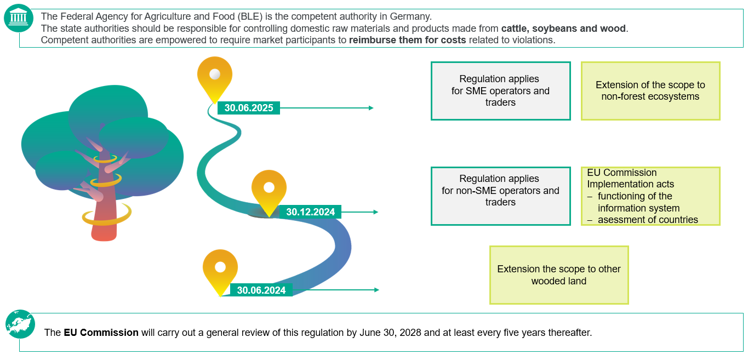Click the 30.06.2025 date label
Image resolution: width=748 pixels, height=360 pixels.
[249, 108]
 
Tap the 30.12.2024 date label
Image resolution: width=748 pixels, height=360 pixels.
[311, 212]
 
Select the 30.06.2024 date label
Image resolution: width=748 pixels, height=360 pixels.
[261, 290]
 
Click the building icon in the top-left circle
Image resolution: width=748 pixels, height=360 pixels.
[19, 18]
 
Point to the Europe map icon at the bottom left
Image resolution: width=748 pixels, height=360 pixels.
[20, 324]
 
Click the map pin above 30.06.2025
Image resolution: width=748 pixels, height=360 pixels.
[215, 77]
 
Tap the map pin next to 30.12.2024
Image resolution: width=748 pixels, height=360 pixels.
[269, 191]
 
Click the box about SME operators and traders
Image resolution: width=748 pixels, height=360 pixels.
[500, 91]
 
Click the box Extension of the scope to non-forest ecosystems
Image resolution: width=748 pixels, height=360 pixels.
[650, 91]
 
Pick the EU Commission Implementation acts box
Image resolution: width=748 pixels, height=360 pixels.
[650, 196]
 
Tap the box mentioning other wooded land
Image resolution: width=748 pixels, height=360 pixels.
[558, 275]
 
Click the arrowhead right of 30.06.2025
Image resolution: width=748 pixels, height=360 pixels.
[371, 108]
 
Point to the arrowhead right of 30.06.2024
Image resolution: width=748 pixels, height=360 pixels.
[376, 290]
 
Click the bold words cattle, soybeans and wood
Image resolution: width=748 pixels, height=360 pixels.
[564, 28]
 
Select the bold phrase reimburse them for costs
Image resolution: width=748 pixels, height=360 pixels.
[407, 40]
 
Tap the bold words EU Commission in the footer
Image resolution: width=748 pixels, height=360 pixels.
[101, 333]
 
